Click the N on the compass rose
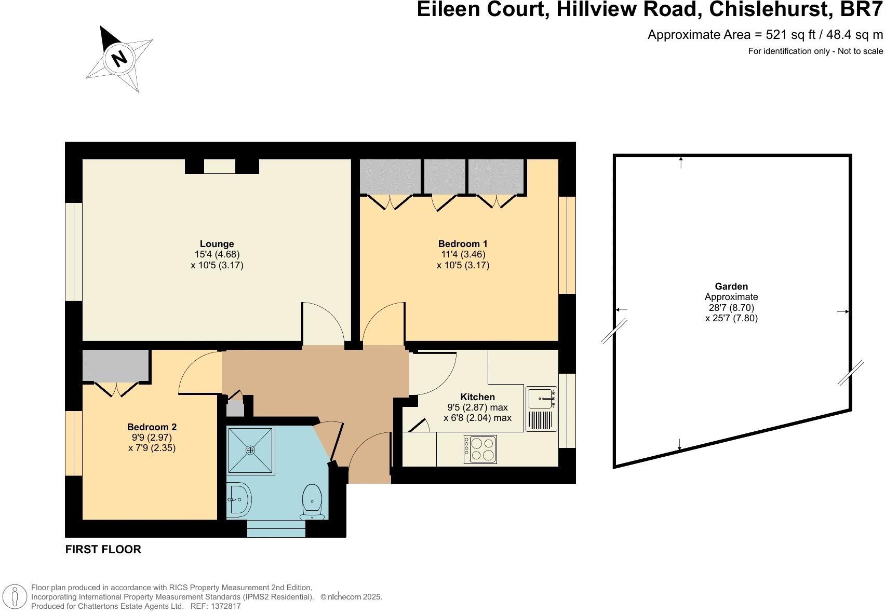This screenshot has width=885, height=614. tap(120, 58)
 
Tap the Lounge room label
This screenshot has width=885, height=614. tap(217, 244)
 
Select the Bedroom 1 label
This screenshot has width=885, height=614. tap(463, 244)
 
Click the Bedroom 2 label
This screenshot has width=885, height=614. tap(152, 427)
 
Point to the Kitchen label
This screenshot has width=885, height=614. tap(477, 397)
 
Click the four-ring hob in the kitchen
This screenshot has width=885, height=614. tap(480, 449)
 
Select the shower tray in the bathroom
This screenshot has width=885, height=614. tap(251, 450)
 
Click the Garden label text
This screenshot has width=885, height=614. tap(731, 286)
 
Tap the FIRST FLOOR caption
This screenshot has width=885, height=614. tap(103, 549)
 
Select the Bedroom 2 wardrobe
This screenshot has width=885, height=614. tap(116, 365)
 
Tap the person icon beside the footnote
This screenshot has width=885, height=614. tap(16, 596)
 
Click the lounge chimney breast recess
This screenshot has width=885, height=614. tap(219, 166)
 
